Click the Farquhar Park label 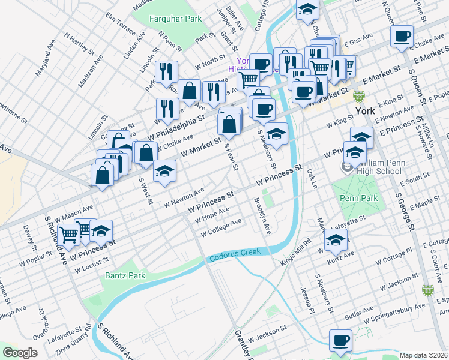click(x=176, y=19)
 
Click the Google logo click(x=20, y=353)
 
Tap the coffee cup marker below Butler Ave click(x=341, y=340)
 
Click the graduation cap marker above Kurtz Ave click(x=336, y=240)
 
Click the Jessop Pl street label click(x=306, y=300)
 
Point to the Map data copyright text click(x=423, y=355)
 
